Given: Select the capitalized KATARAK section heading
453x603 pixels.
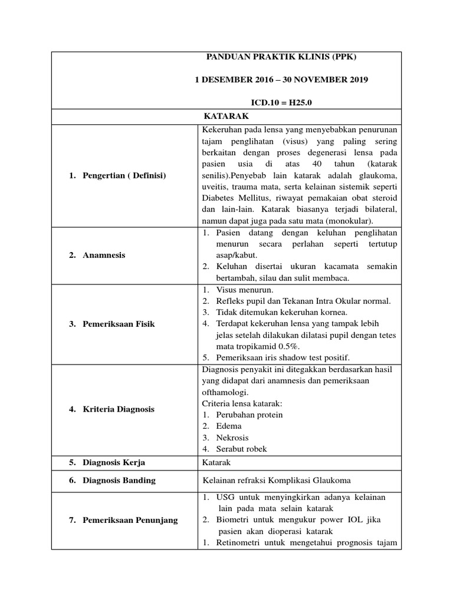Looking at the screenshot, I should [x=226, y=117].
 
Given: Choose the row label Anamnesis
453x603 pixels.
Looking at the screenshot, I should [x=104, y=256].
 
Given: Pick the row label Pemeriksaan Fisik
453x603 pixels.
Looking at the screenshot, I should [x=119, y=324].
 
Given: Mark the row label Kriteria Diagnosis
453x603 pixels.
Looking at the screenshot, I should [x=118, y=409].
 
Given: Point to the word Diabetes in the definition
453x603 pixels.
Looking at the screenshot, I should [x=219, y=198].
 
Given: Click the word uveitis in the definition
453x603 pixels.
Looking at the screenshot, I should [x=216, y=187].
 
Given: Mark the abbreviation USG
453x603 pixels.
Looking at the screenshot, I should [x=226, y=498].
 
